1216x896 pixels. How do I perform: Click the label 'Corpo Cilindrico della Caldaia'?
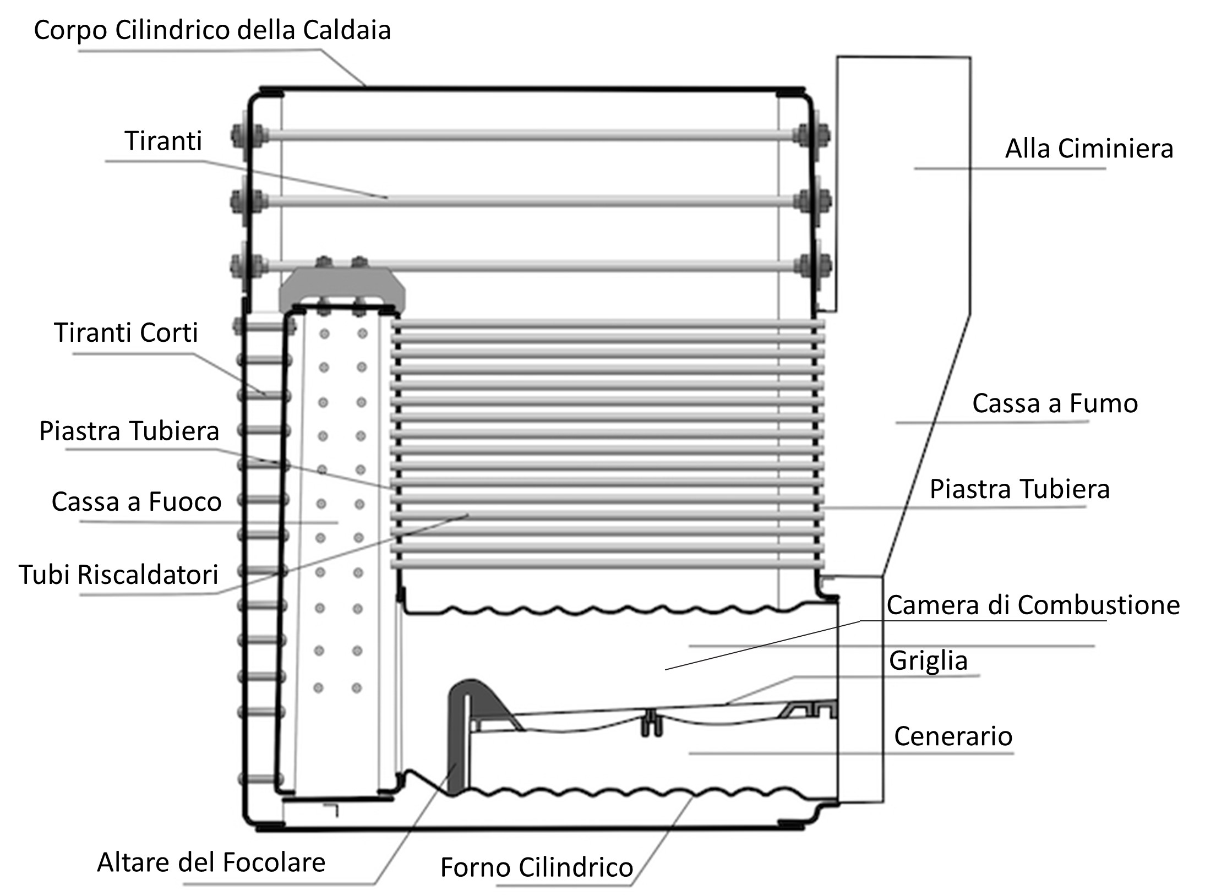pos(212,31)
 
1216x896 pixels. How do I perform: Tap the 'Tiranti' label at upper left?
pos(163,141)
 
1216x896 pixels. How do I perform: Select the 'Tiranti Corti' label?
pos(126,333)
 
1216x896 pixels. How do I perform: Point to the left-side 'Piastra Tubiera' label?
pos(129,431)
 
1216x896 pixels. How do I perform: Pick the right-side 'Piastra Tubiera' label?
pos(1019,489)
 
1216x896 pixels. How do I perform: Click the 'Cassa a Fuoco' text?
pos(137,502)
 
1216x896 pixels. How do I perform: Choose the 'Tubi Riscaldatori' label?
pos(119,575)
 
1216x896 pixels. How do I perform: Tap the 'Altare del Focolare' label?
pos(211,862)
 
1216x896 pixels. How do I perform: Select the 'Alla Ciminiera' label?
pos(1089,149)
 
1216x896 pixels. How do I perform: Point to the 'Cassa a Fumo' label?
pos(1055,403)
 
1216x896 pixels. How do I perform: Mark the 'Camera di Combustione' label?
pos(1033,605)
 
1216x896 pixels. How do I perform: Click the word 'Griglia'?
pos(928,660)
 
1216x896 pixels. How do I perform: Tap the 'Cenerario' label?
pos(953,736)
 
